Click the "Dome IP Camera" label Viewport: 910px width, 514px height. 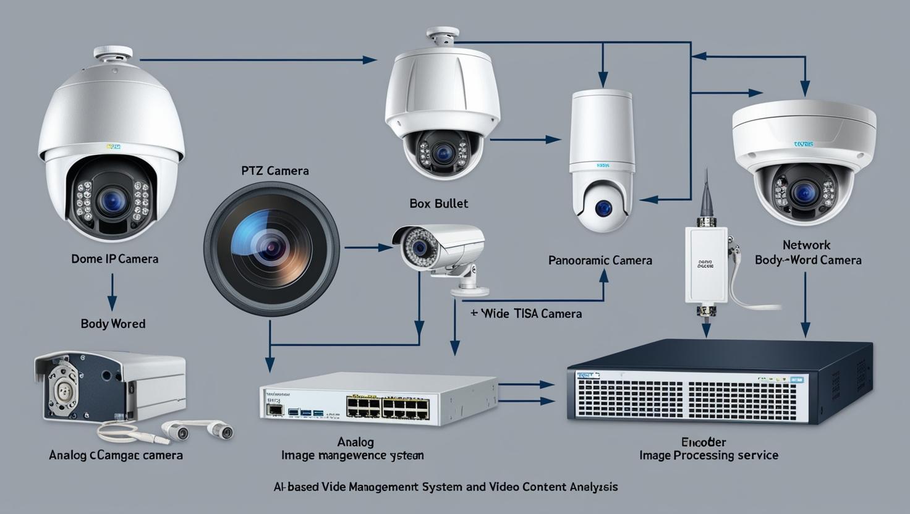(x=114, y=259)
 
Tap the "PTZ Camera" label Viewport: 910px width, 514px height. (x=275, y=171)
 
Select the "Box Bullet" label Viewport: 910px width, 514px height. (x=438, y=203)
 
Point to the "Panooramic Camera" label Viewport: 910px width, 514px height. (x=600, y=260)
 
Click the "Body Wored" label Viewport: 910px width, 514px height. (x=113, y=324)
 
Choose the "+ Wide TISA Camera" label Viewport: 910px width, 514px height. (x=526, y=314)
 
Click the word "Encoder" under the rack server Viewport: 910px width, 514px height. (x=704, y=442)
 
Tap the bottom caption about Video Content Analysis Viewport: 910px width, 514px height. (x=445, y=487)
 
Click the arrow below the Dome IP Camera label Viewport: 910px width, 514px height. (x=112, y=292)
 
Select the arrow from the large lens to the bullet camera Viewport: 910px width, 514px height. (x=368, y=248)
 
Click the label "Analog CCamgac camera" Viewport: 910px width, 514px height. (x=116, y=455)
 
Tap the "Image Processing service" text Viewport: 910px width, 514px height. (x=708, y=456)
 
